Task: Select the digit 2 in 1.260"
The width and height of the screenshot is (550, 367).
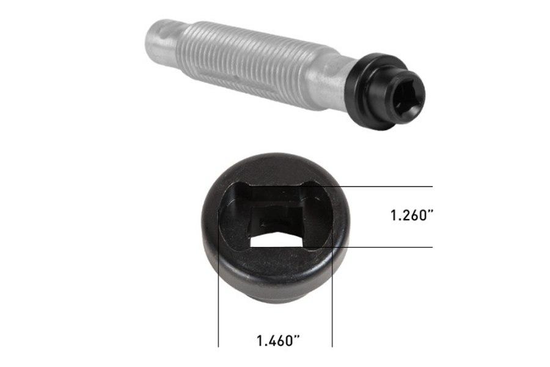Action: tap(405, 215)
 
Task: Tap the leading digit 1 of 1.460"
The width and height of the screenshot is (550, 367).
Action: tap(259, 341)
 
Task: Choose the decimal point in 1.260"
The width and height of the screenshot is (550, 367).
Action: tap(399, 220)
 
